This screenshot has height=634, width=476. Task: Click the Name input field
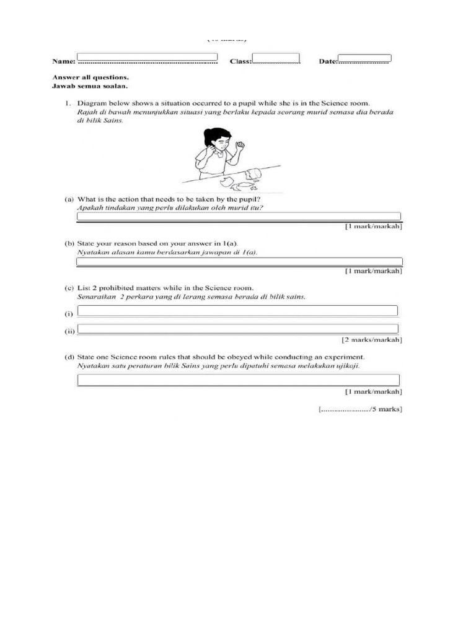coord(147,57)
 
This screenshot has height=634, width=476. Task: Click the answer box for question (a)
coord(239,216)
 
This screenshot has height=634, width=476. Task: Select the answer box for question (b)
coord(239,262)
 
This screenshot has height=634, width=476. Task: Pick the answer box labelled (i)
coord(237,310)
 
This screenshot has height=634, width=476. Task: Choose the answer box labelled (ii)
coord(237,329)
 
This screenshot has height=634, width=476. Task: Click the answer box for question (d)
coord(239,380)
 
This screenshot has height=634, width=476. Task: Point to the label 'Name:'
coord(63,62)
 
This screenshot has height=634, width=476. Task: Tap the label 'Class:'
coord(240,62)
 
